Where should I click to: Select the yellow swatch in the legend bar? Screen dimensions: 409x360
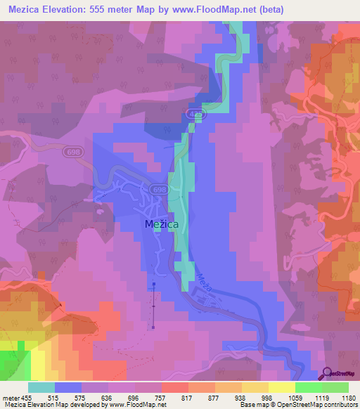tap(281, 387)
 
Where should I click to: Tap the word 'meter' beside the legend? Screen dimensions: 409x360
tap(10, 398)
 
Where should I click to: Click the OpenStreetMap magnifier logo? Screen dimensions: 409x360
tap(326, 373)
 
